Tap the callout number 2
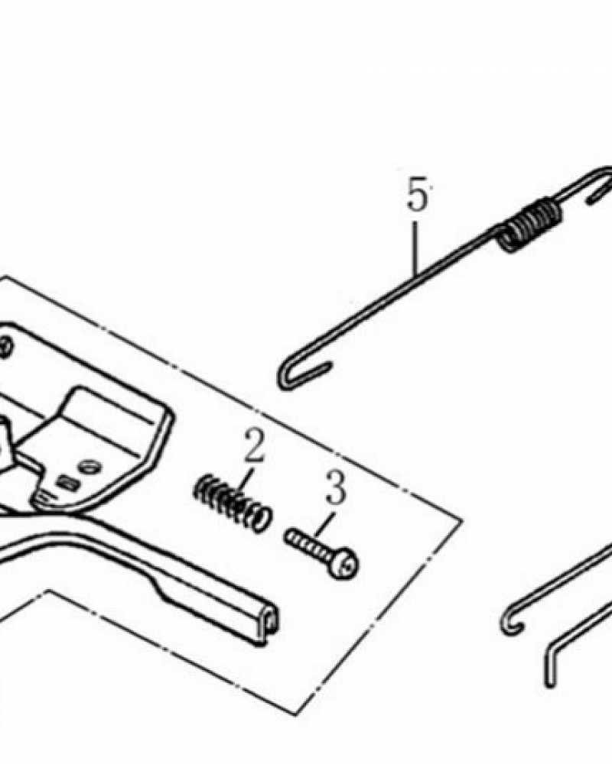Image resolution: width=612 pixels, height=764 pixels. [254, 447]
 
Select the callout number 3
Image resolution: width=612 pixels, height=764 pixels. [336, 489]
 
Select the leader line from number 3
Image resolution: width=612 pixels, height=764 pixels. [324, 523]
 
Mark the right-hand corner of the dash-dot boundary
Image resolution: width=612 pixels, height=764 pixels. [461, 520]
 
